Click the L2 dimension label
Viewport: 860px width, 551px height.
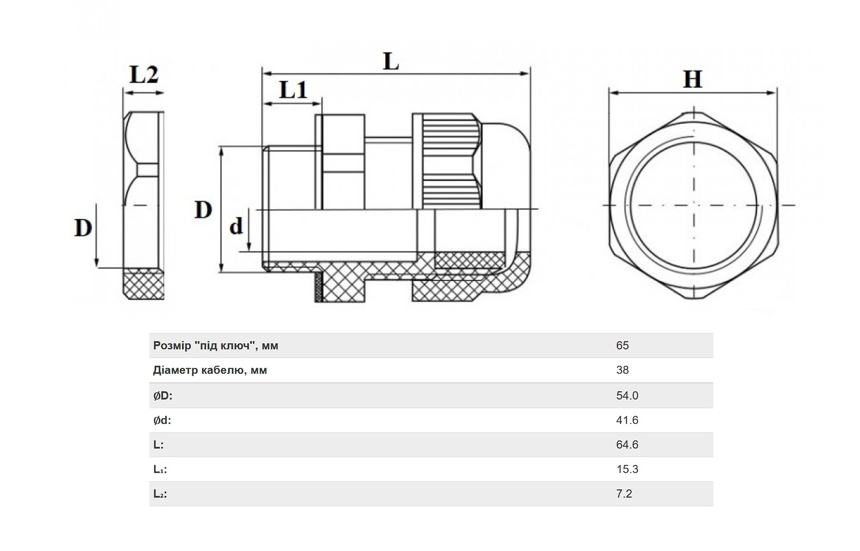pyautogui.click(x=144, y=75)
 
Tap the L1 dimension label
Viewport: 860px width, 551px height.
pyautogui.click(x=293, y=90)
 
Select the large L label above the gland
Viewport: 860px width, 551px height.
pyautogui.click(x=391, y=62)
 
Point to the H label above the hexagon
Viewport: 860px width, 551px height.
pyautogui.click(x=693, y=80)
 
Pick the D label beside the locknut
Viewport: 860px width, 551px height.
pyautogui.click(x=83, y=228)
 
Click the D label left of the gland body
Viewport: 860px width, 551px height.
pyautogui.click(x=203, y=210)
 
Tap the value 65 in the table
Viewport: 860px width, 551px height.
pyautogui.click(x=622, y=346)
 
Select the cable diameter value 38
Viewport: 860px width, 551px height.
pyautogui.click(x=622, y=370)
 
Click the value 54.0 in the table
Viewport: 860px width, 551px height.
pyautogui.click(x=627, y=396)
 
